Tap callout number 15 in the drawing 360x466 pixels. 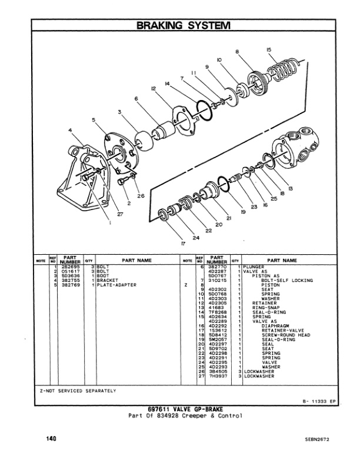pyautogui.click(x=269, y=51)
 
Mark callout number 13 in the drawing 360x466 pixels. pyautogui.click(x=291, y=188)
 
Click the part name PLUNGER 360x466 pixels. pyautogui.click(x=255, y=267)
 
